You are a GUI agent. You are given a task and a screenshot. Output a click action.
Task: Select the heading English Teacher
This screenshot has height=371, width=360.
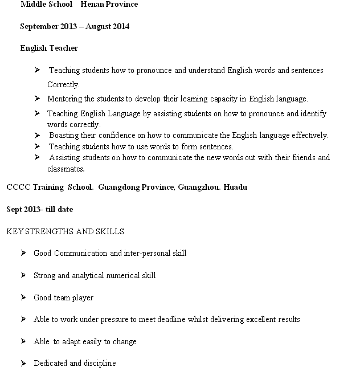click(x=49, y=48)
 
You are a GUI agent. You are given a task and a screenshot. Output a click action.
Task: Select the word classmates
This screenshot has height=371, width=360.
click(x=66, y=169)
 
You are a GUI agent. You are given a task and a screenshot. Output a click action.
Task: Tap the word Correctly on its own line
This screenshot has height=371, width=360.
click(x=63, y=84)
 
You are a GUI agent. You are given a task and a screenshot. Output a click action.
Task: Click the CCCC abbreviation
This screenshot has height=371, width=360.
click(x=18, y=187)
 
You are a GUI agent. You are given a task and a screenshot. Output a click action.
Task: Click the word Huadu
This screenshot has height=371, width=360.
click(x=235, y=187)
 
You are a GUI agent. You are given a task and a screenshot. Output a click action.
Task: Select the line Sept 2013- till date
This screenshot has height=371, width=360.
click(x=40, y=209)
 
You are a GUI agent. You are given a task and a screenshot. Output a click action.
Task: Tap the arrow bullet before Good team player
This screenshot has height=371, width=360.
click(x=23, y=297)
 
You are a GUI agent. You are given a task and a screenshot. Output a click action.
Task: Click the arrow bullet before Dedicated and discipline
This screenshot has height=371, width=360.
click(x=23, y=363)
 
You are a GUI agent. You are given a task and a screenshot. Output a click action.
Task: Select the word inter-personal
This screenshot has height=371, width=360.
click(x=146, y=253)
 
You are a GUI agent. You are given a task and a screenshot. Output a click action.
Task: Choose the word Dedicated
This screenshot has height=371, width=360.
click(x=50, y=363)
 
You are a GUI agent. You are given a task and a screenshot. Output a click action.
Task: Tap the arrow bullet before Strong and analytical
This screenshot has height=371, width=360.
click(x=23, y=275)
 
